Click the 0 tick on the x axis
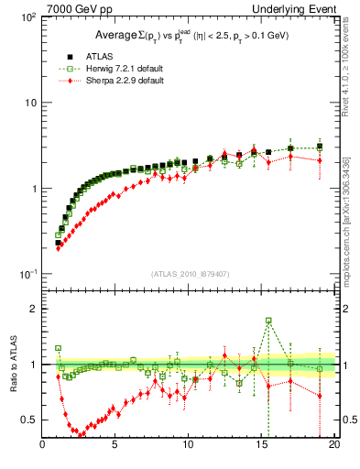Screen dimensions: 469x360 [42, 445]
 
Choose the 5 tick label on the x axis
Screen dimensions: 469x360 [115, 445]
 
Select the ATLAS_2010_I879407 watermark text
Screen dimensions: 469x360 [189, 273]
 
